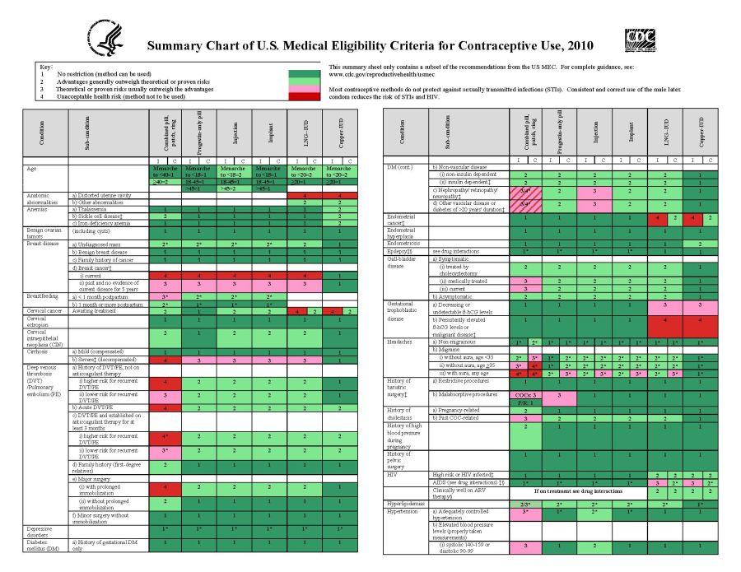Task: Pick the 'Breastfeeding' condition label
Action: (x=44, y=296)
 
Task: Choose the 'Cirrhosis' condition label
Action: (x=40, y=350)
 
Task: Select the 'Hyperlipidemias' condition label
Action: (x=405, y=503)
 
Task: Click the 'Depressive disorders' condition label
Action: (x=40, y=530)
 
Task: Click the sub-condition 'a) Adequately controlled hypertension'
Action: (x=465, y=514)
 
